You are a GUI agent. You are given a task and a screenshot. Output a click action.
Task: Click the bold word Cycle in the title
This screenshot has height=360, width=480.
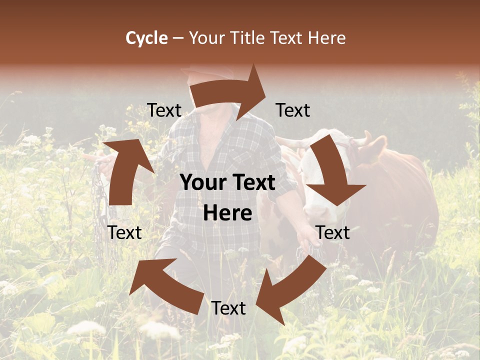[x=146, y=38]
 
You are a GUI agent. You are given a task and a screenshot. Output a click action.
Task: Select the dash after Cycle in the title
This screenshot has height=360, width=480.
[x=178, y=38]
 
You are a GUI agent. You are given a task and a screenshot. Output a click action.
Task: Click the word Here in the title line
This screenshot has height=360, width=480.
[x=326, y=38]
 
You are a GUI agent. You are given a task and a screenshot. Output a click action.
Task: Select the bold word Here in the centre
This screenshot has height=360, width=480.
[x=227, y=213]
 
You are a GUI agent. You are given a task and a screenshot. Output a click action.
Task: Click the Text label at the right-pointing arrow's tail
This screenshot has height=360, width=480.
[x=164, y=110]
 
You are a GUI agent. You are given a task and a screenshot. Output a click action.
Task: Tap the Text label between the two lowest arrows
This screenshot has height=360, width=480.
[x=228, y=308]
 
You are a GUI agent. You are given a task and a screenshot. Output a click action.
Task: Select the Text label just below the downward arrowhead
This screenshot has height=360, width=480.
[x=332, y=232]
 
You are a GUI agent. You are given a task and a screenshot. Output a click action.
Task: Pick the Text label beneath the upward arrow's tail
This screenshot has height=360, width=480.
[x=124, y=232]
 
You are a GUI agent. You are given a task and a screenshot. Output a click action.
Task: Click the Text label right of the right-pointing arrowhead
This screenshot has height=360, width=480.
[x=293, y=110]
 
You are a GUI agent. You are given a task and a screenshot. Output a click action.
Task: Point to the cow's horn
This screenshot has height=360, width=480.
[x=366, y=138]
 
